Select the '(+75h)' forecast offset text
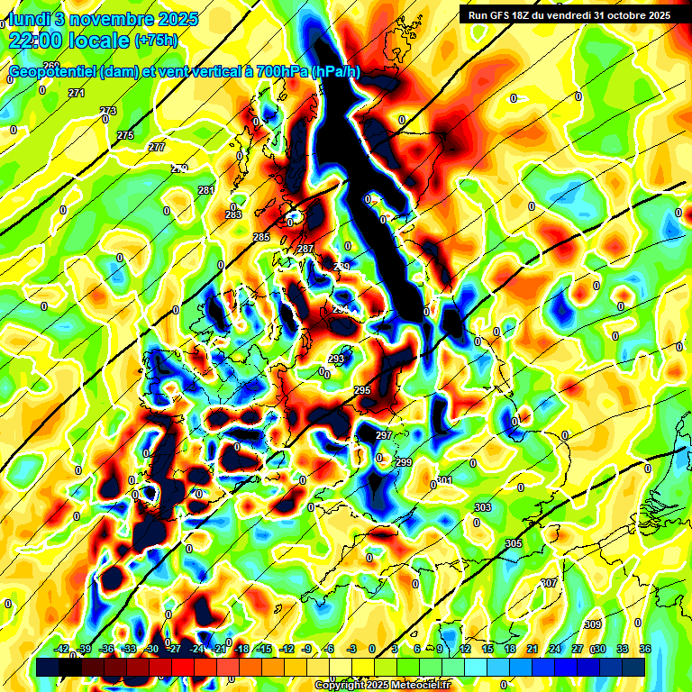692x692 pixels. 156,41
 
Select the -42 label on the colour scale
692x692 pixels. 62,649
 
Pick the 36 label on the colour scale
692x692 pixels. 644,649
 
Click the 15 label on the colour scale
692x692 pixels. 487,649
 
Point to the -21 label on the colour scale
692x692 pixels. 219,649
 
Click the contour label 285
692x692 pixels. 261,237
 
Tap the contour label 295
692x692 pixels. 362,390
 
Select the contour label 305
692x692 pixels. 514,543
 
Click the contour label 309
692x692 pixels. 592,624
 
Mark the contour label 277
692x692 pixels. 157,147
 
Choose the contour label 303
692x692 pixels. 482,508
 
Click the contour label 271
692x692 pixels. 77,94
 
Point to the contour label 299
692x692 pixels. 403,462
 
